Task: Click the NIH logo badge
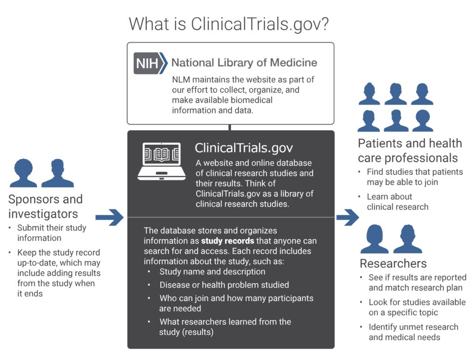click(x=150, y=63)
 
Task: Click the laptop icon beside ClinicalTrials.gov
click(x=162, y=161)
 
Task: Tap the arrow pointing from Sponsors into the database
click(x=109, y=217)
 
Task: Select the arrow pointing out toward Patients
click(x=348, y=217)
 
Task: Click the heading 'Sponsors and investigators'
click(x=45, y=206)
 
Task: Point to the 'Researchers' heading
click(x=393, y=264)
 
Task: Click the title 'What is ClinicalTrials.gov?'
click(x=229, y=24)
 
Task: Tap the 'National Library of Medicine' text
click(x=244, y=62)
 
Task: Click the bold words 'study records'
click(x=228, y=241)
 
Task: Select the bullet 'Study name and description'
click(x=212, y=272)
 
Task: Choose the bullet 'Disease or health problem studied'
click(x=225, y=285)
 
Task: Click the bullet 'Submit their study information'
click(x=52, y=233)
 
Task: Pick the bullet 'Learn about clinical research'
click(x=398, y=202)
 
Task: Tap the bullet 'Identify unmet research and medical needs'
click(x=413, y=332)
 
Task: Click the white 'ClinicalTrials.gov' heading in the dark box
click(x=244, y=148)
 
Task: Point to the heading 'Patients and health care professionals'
click(x=410, y=150)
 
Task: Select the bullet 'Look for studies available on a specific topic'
click(x=417, y=307)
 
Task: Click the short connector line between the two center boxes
click(x=230, y=127)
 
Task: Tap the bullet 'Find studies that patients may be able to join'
click(x=415, y=177)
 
